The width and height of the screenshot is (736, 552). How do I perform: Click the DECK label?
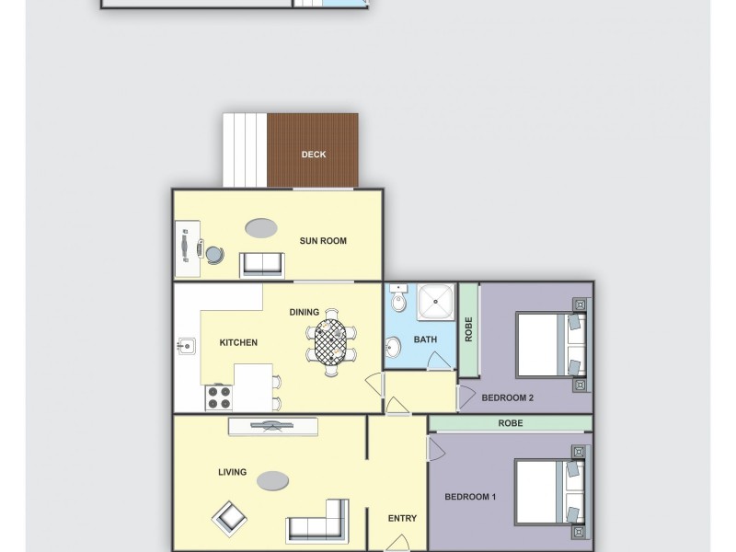(314, 155)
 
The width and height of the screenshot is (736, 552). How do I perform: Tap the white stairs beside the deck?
(245, 149)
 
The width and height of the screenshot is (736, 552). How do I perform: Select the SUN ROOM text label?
(323, 241)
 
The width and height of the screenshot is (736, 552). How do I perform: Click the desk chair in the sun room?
(213, 255)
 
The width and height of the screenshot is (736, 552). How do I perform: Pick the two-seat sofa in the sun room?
(262, 264)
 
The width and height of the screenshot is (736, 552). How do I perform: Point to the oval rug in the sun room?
(261, 226)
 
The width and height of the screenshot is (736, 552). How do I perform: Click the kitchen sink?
(185, 347)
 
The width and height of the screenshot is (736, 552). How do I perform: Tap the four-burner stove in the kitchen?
(219, 397)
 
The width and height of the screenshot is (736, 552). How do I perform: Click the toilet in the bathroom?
(398, 300)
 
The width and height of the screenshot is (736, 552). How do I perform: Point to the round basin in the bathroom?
(393, 348)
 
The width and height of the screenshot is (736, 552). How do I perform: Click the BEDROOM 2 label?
(508, 398)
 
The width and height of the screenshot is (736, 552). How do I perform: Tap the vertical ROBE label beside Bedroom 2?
(469, 330)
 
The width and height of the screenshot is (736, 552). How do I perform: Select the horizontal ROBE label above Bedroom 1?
(511, 423)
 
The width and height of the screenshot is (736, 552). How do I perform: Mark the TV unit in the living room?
(273, 426)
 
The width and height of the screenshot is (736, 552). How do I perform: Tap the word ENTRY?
(402, 519)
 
